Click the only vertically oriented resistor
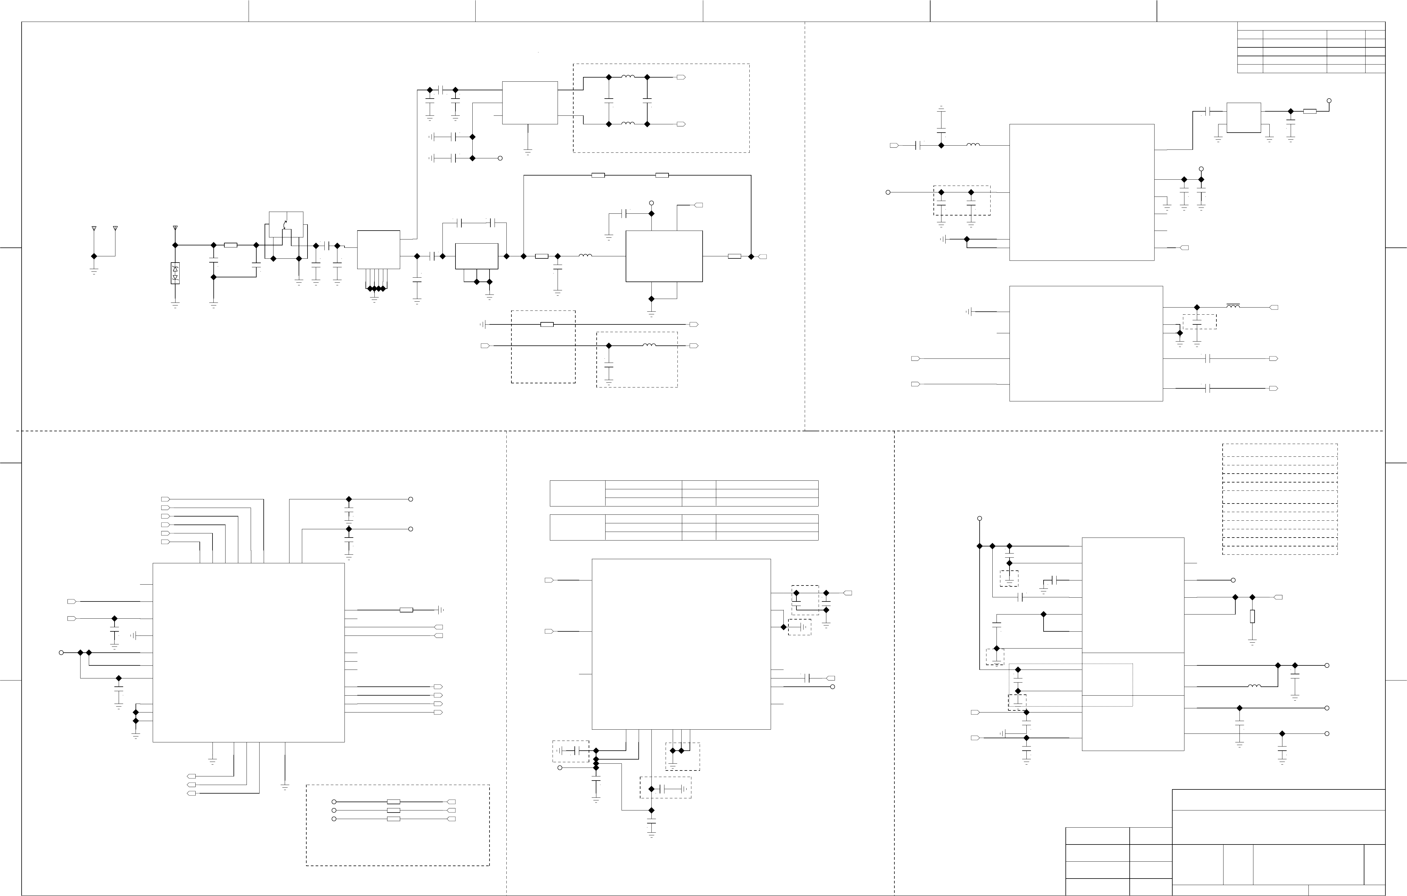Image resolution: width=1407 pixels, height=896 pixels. (1252, 616)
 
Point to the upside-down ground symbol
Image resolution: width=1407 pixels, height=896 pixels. (941, 109)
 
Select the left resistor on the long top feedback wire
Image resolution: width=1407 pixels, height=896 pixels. (598, 175)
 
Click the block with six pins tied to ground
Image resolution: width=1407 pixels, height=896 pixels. (378, 250)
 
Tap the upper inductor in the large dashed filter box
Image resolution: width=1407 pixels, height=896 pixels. (628, 77)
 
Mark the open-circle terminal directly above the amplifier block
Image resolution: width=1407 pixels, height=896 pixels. (651, 203)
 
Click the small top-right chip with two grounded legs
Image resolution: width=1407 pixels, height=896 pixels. (1243, 118)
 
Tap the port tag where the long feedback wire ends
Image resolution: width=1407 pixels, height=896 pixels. (762, 257)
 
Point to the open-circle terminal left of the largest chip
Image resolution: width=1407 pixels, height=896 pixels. (61, 652)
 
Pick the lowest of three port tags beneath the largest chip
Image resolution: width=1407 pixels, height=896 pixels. (191, 794)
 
